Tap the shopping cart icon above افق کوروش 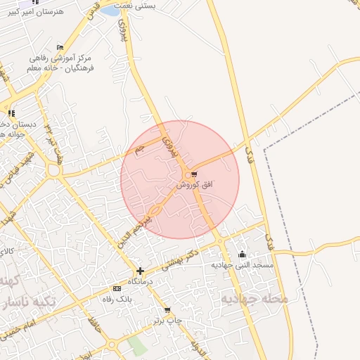tap(193, 174)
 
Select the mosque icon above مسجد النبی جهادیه tap(243, 255)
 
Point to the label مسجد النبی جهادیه tap(243, 266)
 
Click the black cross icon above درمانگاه tap(140, 271)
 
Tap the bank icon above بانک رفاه tap(117, 288)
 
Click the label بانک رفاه tap(117, 298)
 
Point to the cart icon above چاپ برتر tap(167, 310)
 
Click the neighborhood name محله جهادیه tap(255, 299)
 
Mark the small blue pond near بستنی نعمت tap(110, 11)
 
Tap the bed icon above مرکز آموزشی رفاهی tap(60, 47)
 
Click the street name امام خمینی tap(21, 328)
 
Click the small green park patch tap(138, 346)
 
